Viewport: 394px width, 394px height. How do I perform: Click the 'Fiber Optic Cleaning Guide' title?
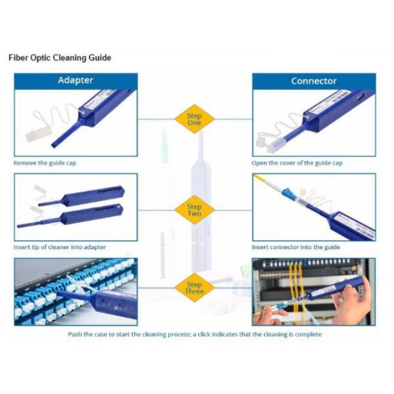[60, 58]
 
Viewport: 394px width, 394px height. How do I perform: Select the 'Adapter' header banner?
[76, 81]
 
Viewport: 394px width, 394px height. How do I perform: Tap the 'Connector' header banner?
[314, 81]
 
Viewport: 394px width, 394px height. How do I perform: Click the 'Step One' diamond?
[194, 119]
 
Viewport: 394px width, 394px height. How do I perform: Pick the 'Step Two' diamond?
[194, 210]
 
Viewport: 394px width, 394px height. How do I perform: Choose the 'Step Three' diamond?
[194, 288]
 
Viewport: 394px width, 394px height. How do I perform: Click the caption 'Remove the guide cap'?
[45, 163]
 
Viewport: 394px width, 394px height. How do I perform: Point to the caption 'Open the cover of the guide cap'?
[297, 163]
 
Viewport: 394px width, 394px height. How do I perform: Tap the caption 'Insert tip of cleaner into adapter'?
[60, 247]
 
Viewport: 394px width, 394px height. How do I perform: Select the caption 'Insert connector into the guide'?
[296, 247]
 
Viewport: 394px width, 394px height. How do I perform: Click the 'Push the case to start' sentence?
[195, 334]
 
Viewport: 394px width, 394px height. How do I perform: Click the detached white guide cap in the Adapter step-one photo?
[37, 133]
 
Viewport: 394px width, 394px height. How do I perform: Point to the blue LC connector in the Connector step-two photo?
[289, 194]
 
